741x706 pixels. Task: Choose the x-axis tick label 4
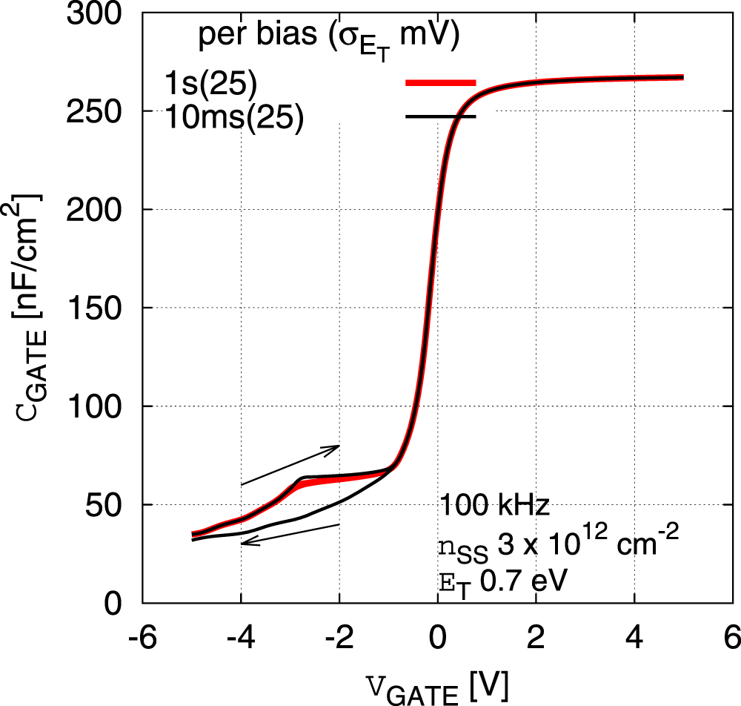pyautogui.click(x=634, y=637)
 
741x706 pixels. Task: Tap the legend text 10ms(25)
pyautogui.click(x=234, y=119)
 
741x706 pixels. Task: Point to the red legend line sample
pyautogui.click(x=440, y=82)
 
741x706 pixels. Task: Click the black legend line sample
pyautogui.click(x=440, y=116)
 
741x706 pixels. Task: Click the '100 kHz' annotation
pyautogui.click(x=494, y=506)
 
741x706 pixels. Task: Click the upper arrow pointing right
pyautogui.click(x=290, y=465)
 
